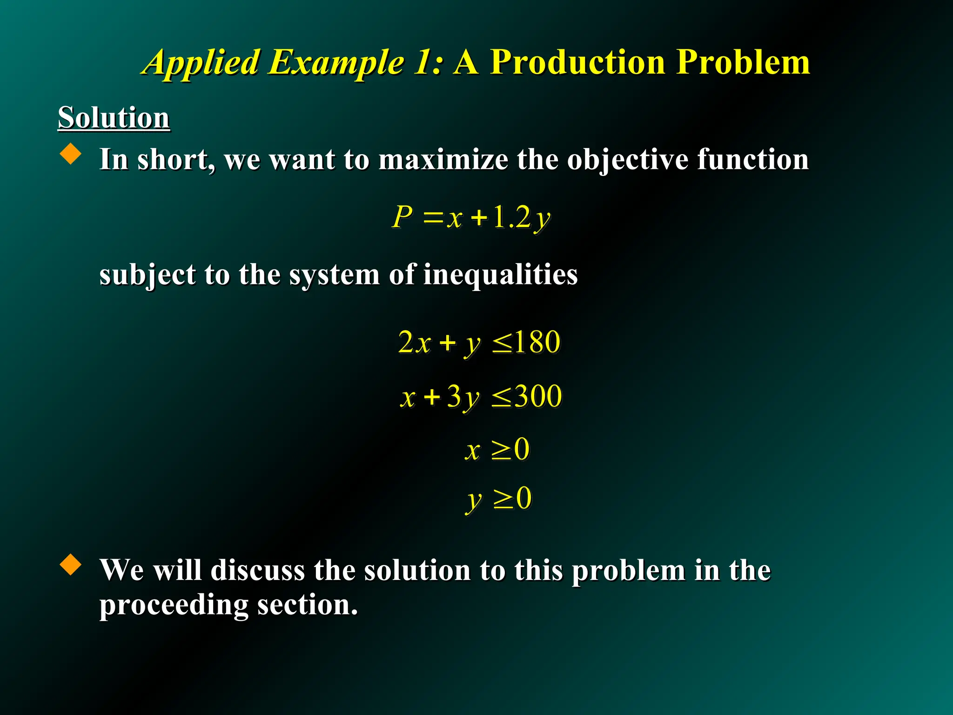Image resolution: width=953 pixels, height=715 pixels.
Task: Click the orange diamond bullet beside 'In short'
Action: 71,154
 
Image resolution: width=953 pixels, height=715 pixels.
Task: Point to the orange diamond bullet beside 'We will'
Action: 71,564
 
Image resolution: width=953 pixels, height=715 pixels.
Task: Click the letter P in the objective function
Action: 402,217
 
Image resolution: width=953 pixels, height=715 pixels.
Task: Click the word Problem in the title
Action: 743,62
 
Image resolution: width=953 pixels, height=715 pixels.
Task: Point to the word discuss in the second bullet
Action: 257,570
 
